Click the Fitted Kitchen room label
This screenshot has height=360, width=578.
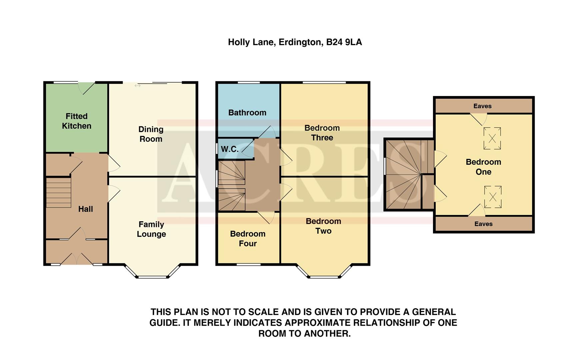(x=77, y=121)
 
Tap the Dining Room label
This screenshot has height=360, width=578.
(x=151, y=134)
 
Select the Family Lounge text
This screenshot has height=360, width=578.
(x=151, y=229)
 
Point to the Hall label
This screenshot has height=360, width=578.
(x=86, y=209)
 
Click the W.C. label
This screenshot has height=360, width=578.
(x=230, y=149)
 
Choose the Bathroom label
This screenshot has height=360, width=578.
(x=247, y=113)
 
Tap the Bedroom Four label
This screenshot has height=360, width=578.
(x=248, y=239)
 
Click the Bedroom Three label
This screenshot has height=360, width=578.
(x=322, y=133)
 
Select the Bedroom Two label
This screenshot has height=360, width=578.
(x=323, y=226)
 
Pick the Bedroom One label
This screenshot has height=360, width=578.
(x=483, y=167)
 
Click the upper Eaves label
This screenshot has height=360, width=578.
(x=482, y=106)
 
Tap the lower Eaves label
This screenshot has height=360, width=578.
(x=483, y=224)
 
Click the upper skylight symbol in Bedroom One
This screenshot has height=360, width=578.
(x=492, y=138)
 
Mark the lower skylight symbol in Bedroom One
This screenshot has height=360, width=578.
(x=493, y=197)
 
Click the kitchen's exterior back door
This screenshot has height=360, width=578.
(x=86, y=87)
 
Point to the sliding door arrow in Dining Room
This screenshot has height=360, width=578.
(x=138, y=86)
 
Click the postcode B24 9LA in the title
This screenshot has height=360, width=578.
(x=344, y=42)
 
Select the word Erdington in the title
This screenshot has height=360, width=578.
(x=300, y=42)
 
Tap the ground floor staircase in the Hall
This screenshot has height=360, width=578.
(x=59, y=193)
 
